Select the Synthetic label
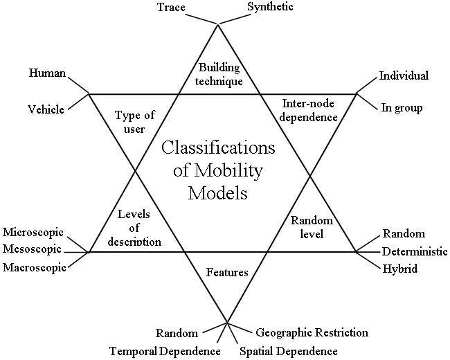click(270, 8)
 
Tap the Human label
click(47, 72)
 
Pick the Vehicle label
click(46, 109)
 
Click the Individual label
click(404, 75)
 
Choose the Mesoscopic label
click(32, 249)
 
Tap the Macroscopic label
click(34, 267)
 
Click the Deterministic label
click(415, 251)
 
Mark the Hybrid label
click(400, 268)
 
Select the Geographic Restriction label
click(312, 332)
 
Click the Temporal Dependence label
click(165, 351)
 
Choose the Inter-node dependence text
click(309, 110)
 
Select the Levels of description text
click(135, 228)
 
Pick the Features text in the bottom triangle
click(227, 272)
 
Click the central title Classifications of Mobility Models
click(218, 170)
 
